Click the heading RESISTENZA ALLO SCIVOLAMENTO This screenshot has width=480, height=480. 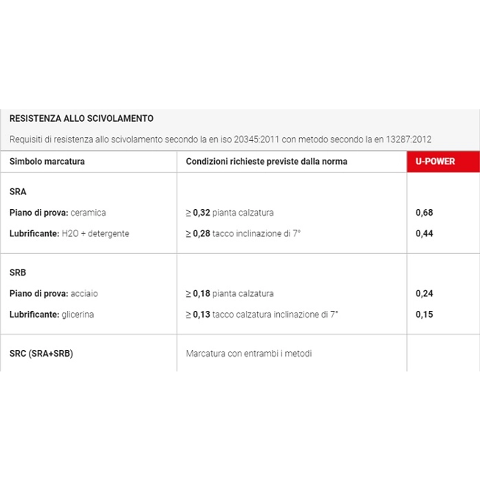click(81, 118)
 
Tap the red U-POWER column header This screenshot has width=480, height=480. click(435, 161)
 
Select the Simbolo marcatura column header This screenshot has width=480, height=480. click(47, 161)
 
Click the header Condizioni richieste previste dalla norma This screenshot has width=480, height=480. click(266, 161)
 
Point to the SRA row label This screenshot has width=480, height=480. click(18, 191)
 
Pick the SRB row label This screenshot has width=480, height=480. click(18, 272)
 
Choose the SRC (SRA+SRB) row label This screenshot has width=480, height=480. click(41, 354)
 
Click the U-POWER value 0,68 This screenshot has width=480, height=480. click(424, 213)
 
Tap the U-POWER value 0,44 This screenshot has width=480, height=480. click(424, 233)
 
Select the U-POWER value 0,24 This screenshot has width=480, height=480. click(424, 294)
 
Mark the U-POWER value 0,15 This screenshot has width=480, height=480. click(424, 315)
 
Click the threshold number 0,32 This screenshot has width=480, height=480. click(202, 213)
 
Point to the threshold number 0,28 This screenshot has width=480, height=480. click(202, 233)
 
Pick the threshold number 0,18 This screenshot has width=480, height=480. click(202, 294)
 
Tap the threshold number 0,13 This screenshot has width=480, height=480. click(202, 315)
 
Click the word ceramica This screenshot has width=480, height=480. click(89, 213)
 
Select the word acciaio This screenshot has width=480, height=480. click(84, 294)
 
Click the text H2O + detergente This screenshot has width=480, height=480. click(95, 233)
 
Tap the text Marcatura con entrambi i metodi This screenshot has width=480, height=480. click(249, 354)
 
